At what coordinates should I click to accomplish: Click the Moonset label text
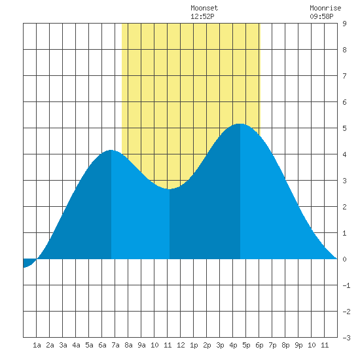click(204, 8)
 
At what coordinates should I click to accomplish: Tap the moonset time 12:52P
click(202, 16)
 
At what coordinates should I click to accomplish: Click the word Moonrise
click(325, 8)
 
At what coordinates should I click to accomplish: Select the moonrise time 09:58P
click(321, 16)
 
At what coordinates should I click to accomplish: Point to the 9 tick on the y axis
click(344, 24)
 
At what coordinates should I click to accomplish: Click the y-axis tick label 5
click(344, 128)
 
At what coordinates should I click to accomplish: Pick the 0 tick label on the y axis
click(344, 259)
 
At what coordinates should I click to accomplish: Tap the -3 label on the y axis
click(346, 338)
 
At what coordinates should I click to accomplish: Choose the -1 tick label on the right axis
click(346, 285)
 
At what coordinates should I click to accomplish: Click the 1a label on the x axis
click(37, 345)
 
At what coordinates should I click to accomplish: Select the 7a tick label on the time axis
click(115, 345)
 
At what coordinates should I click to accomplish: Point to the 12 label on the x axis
click(181, 345)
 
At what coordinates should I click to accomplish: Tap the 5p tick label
click(246, 345)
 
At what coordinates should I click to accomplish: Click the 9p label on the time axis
click(298, 345)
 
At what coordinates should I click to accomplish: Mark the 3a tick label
click(63, 345)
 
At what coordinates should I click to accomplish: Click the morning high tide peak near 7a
click(111, 150)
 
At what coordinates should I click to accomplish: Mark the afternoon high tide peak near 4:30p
click(240, 124)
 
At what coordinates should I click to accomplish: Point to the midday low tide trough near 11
click(170, 189)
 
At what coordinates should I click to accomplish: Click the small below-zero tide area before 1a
click(28, 262)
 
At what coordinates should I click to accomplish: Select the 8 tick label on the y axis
click(344, 50)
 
